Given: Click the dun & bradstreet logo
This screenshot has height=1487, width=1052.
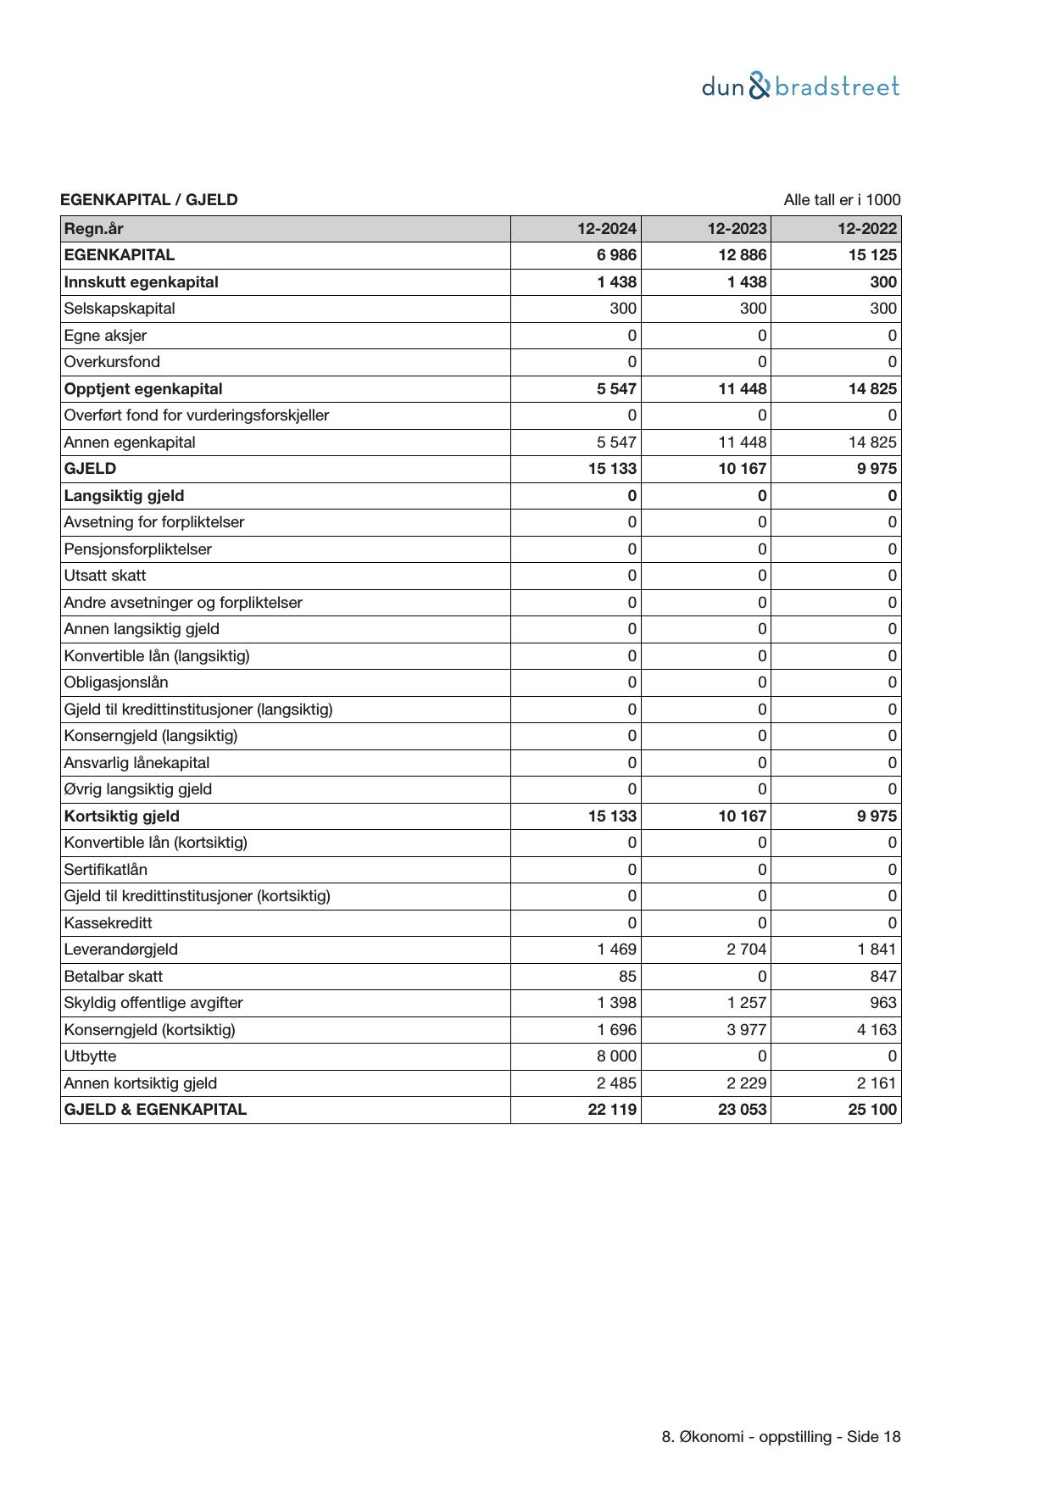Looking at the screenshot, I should (x=800, y=86).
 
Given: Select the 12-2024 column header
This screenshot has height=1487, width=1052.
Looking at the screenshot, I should (x=607, y=229).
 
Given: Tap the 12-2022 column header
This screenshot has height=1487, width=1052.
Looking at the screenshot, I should (x=866, y=229).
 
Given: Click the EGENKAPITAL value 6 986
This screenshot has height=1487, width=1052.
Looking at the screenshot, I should (x=616, y=255).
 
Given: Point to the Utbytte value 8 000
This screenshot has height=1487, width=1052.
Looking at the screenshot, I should (x=616, y=1056).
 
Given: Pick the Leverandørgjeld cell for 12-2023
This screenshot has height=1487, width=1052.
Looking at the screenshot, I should (x=746, y=950).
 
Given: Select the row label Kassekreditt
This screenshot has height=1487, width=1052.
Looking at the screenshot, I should (x=108, y=923).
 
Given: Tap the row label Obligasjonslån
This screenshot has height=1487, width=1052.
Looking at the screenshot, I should (x=116, y=682).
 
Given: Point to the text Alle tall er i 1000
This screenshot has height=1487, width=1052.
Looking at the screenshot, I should (x=842, y=200).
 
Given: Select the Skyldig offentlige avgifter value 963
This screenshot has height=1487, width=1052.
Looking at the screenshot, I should (x=882, y=1003).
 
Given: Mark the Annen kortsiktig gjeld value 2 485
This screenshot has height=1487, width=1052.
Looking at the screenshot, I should (x=616, y=1083).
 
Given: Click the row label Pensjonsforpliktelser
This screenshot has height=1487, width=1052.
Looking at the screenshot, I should (x=137, y=549).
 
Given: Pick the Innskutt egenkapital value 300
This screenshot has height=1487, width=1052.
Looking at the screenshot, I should (x=882, y=282).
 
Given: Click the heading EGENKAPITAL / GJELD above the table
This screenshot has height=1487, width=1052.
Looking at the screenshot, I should (x=148, y=200).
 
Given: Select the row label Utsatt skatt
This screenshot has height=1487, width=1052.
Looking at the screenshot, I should (x=104, y=576).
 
